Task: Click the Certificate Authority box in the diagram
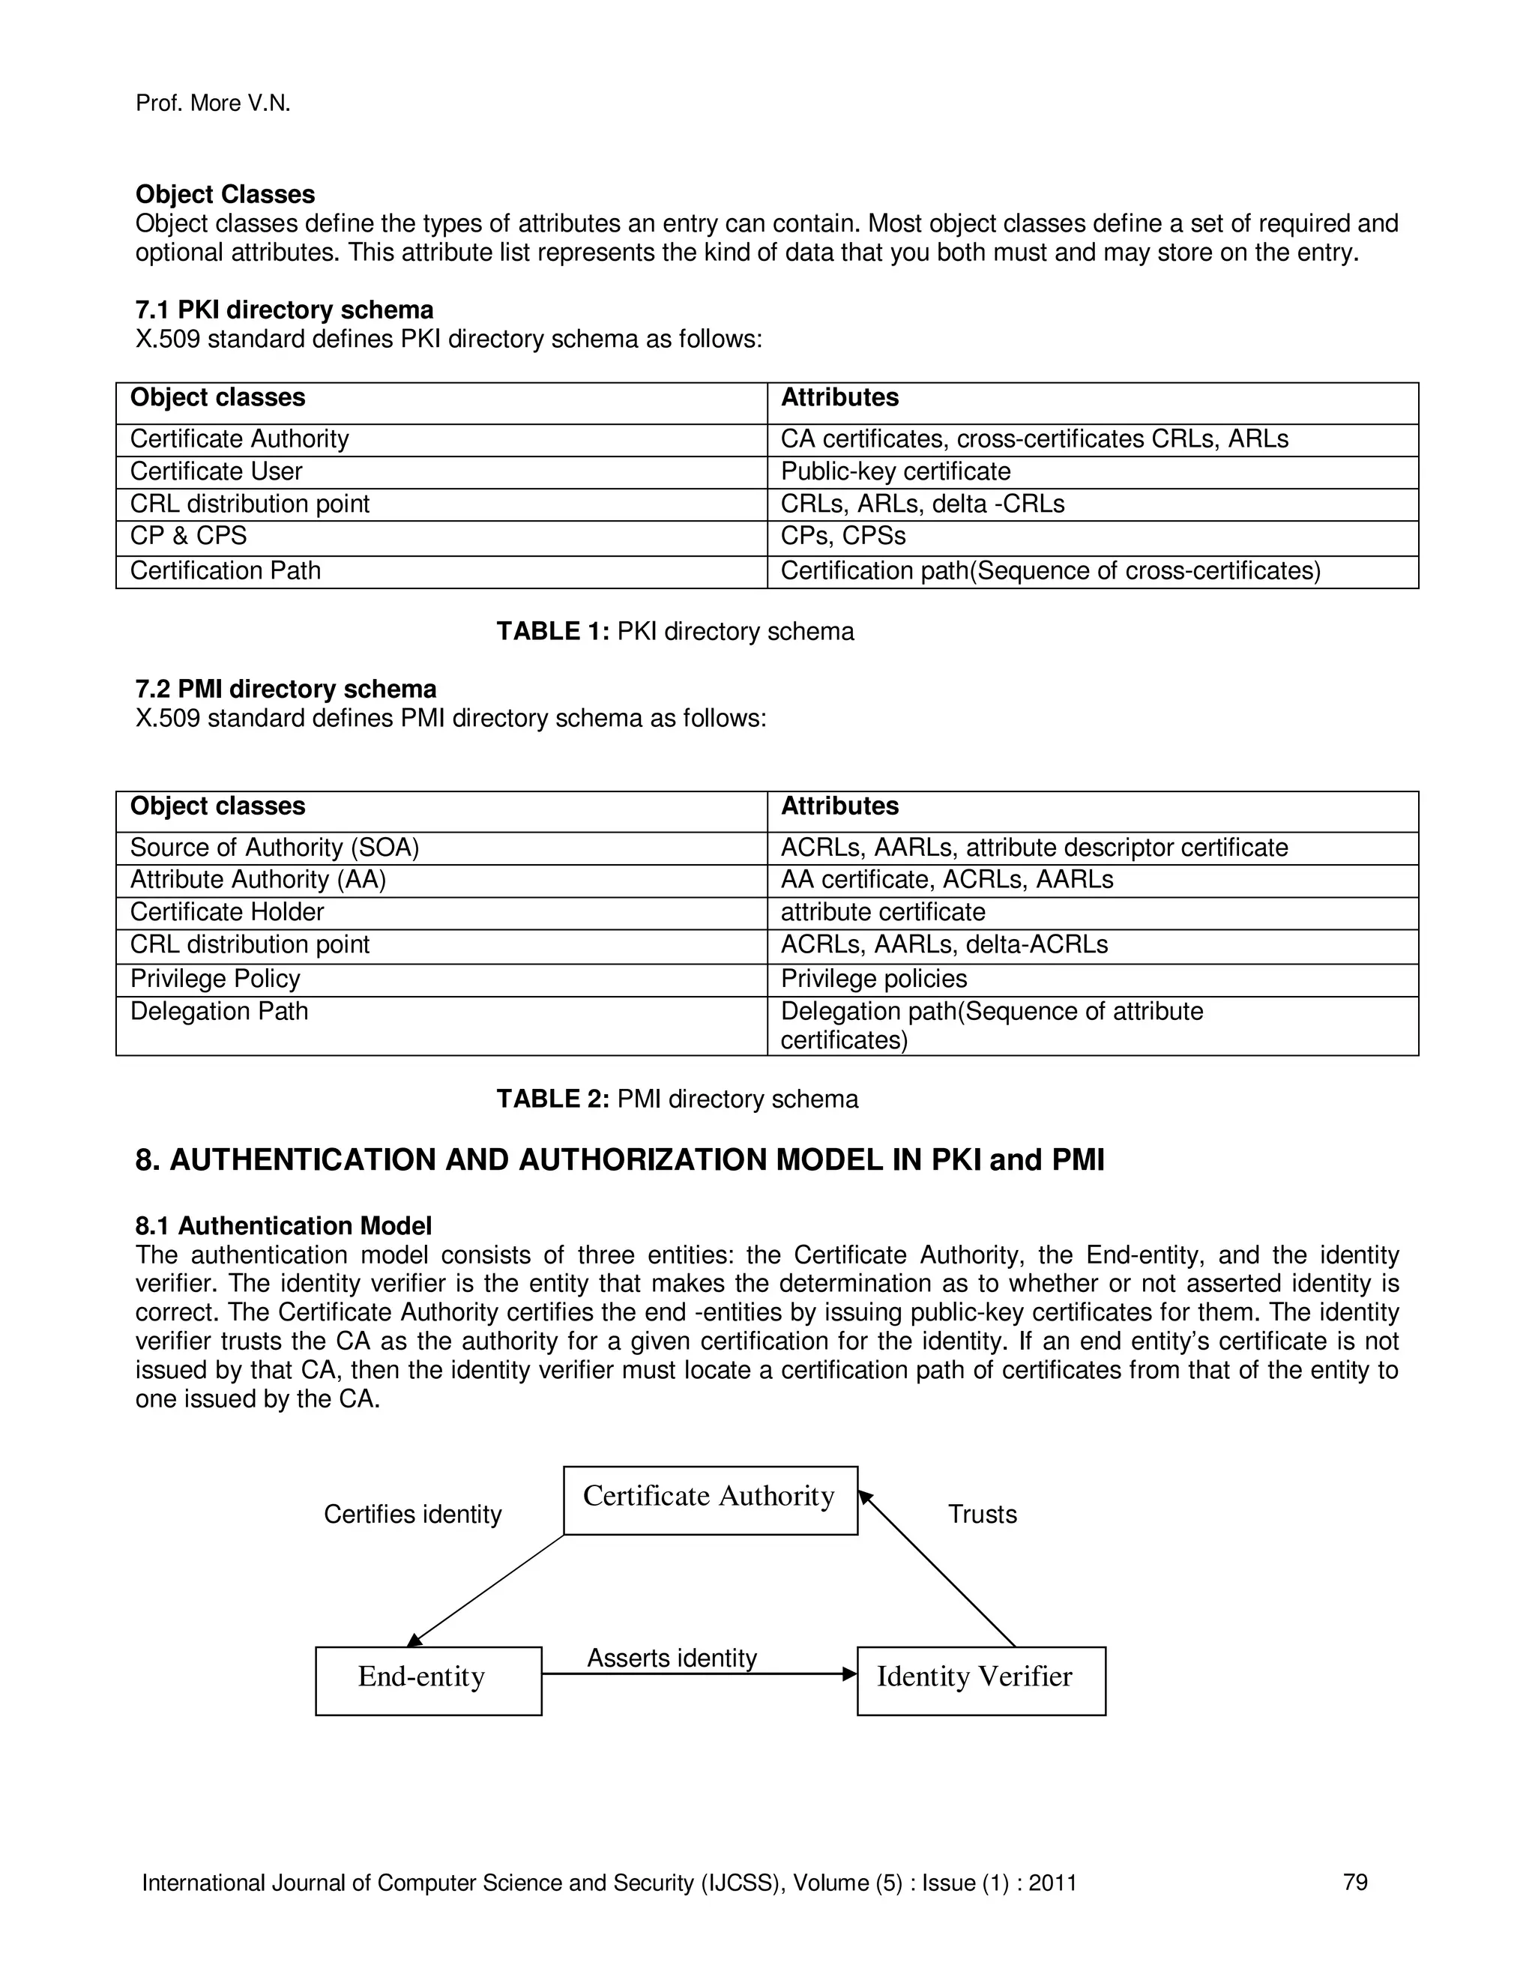709,1500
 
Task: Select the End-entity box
428,1679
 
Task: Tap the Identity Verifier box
980,1679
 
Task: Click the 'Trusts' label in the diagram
981,1514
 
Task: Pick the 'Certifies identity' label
412,1514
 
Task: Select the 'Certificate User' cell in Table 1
217,471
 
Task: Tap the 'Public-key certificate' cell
895,471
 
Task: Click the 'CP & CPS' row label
188,536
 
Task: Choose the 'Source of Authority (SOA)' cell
274,848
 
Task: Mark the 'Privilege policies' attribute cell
873,979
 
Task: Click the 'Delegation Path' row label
219,1011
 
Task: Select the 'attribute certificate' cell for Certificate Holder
882,912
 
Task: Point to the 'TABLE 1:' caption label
552,631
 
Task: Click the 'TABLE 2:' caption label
552,1099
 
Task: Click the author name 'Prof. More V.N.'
213,103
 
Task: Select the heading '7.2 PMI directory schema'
286,689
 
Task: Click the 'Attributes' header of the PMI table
839,806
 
